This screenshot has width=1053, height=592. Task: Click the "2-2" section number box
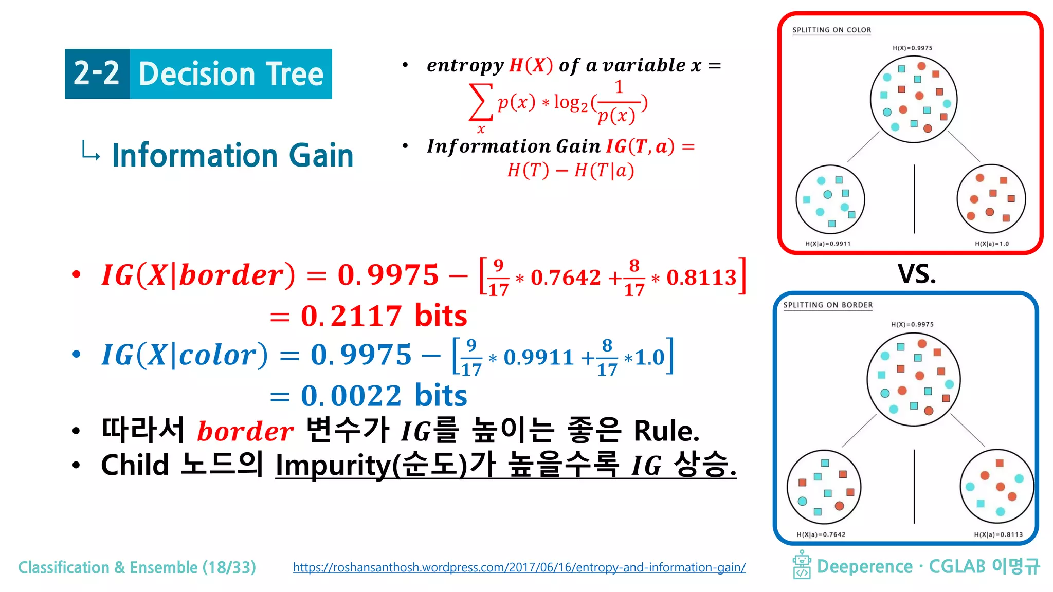[97, 74]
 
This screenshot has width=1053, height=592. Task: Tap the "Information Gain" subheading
[232, 156]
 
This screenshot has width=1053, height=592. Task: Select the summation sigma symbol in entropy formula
[480, 103]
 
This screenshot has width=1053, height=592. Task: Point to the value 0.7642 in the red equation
[566, 278]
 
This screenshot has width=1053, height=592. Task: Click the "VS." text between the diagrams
[917, 274]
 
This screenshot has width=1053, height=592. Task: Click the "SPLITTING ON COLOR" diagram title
[831, 30]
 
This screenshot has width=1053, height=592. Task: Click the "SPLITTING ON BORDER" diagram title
[828, 305]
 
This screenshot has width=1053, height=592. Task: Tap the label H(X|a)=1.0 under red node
[991, 244]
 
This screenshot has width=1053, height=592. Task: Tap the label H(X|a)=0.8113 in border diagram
[998, 534]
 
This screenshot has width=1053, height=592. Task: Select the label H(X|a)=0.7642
[821, 534]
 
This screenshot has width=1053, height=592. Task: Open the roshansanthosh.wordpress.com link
[519, 567]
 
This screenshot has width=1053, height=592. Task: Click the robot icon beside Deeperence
[802, 565]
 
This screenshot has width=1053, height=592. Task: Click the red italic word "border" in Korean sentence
[245, 431]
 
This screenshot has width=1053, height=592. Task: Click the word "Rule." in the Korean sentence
[666, 431]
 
